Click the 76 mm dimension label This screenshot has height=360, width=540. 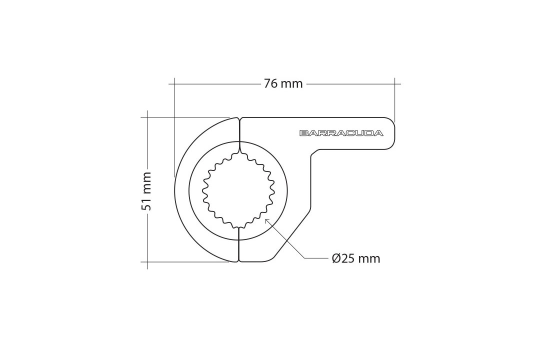click(283, 83)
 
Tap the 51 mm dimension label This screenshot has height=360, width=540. click(146, 191)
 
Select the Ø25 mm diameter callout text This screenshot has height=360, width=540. click(355, 258)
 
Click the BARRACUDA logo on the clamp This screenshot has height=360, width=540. click(341, 133)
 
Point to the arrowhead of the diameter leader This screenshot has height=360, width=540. click(266, 219)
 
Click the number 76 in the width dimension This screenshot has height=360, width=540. click(270, 83)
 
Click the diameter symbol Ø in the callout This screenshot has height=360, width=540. click(336, 258)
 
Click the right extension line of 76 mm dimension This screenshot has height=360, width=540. click(395, 100)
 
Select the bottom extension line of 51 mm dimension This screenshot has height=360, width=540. click(185, 261)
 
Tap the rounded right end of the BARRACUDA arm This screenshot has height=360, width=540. click(395, 133)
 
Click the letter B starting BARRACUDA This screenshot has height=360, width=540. click(303, 133)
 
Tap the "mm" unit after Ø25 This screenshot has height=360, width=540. click(369, 258)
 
